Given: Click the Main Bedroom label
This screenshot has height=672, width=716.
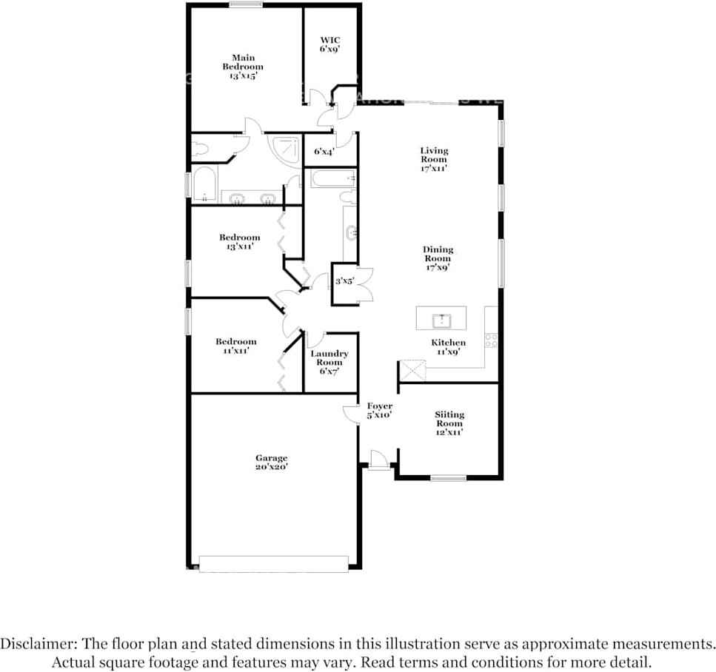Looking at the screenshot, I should click(x=244, y=67).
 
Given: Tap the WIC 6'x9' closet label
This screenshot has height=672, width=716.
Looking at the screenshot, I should click(x=329, y=44).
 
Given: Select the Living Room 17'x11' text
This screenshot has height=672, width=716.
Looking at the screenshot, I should click(x=434, y=159).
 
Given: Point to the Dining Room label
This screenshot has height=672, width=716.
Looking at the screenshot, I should click(x=438, y=259).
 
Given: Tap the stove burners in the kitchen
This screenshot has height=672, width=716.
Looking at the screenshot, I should click(x=490, y=340).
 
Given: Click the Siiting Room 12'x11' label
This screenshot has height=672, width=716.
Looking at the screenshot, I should click(x=449, y=423).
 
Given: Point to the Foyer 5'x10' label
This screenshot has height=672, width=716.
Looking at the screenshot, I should click(x=379, y=411).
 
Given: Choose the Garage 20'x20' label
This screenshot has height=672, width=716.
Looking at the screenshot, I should click(x=271, y=463).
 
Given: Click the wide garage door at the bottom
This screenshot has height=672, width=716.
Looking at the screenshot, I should click(x=273, y=564).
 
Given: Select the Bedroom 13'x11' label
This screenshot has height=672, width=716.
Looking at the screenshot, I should click(x=239, y=242).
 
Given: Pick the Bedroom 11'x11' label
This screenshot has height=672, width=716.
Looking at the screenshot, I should click(x=236, y=346).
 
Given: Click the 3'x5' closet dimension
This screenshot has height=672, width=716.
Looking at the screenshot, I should click(x=345, y=281).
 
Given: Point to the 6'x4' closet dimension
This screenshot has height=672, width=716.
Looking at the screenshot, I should click(x=324, y=152).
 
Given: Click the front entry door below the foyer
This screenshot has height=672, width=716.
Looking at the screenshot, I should click(x=378, y=460).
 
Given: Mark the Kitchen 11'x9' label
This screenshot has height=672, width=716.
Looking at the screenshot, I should click(x=449, y=347).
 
